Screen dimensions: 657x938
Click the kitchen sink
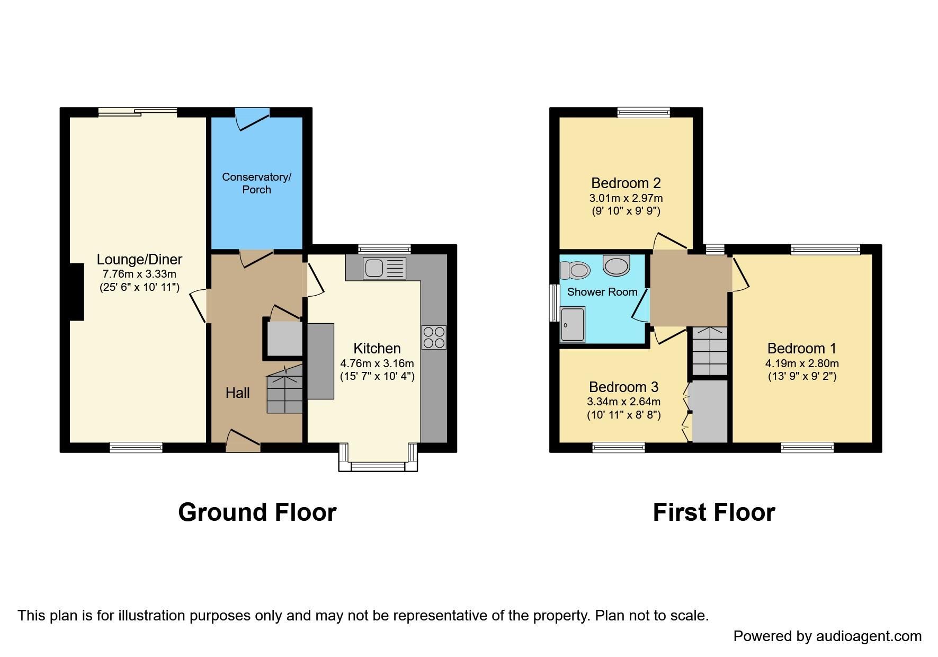pyautogui.click(x=385, y=268)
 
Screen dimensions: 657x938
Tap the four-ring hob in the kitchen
pyautogui.click(x=434, y=338)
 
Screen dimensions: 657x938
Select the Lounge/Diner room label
pyautogui.click(x=139, y=259)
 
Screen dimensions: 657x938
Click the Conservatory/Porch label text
pyautogui.click(x=256, y=183)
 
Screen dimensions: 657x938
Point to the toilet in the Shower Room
pyautogui.click(x=575, y=270)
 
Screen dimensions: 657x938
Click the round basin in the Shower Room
pyautogui.click(x=617, y=265)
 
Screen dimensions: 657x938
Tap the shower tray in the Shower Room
pyautogui.click(x=573, y=324)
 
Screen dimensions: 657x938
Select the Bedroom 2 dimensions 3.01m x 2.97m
pyautogui.click(x=626, y=198)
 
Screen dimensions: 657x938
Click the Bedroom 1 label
pyautogui.click(x=801, y=348)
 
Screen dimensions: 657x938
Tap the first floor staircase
pyautogui.click(x=710, y=351)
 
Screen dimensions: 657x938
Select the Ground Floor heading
pyautogui.click(x=257, y=512)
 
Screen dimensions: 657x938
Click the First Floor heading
pyautogui.click(x=713, y=512)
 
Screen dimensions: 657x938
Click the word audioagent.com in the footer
pyautogui.click(x=869, y=636)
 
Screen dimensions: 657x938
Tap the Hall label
pyautogui.click(x=237, y=393)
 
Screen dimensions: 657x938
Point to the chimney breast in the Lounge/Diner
pyautogui.click(x=76, y=291)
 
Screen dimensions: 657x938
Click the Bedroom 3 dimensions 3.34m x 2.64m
pyautogui.click(x=623, y=402)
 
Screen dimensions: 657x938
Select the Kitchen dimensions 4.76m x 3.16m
pyautogui.click(x=377, y=363)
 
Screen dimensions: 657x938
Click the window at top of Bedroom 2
pyautogui.click(x=644, y=112)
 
